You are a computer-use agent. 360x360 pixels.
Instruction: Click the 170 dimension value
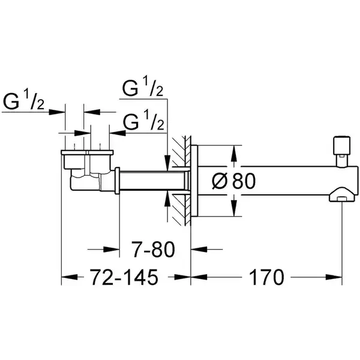point(266,277)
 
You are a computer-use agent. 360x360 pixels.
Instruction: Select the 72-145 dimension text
point(124,277)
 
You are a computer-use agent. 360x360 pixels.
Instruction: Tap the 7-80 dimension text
point(154,249)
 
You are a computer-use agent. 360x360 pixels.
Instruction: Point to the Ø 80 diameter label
point(233,181)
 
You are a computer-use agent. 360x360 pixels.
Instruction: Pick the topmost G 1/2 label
point(143,88)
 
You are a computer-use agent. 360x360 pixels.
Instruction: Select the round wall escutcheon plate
point(194,181)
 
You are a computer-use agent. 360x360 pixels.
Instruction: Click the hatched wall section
point(181,181)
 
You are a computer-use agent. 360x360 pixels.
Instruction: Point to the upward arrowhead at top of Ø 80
point(234,153)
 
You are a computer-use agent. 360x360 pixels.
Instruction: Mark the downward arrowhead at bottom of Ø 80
point(234,208)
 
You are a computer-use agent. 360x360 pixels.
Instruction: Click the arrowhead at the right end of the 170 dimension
point(334,277)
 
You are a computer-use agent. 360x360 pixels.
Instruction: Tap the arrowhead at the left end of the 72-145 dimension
point(70,277)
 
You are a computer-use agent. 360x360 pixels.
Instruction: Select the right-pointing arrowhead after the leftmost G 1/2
point(57,112)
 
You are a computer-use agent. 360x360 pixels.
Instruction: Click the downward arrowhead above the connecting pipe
point(168,163)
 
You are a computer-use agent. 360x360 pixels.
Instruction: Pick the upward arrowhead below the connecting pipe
point(168,199)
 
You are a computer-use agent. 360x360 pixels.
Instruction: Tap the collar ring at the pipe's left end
point(118,181)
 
